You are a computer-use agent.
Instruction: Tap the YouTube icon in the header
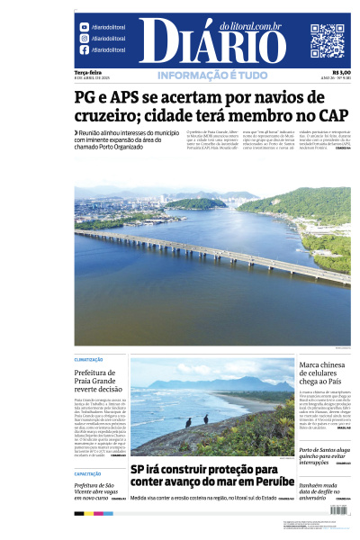[84, 27]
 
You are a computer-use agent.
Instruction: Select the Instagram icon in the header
[84, 39]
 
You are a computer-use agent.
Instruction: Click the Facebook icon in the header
[84, 50]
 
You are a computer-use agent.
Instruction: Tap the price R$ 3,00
[341, 72]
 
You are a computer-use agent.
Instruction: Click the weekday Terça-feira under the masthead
[88, 72]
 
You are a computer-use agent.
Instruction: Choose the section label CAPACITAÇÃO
[88, 473]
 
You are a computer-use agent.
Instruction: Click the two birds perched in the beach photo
[196, 420]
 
